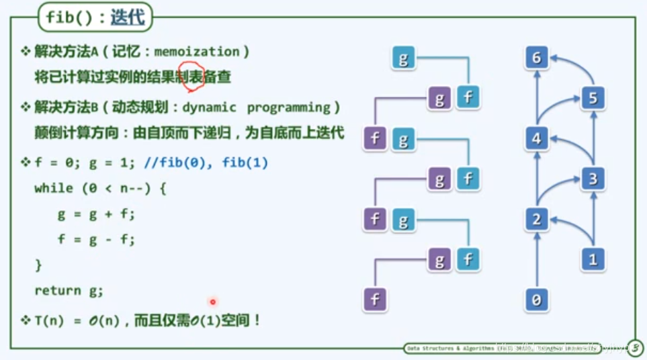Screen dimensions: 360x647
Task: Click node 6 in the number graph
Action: pos(536,58)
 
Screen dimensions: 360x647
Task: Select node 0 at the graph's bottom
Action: pos(536,300)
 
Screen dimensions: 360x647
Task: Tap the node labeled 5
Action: pos(592,99)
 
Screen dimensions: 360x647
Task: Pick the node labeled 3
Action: pos(592,179)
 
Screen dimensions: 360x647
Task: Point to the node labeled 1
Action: pos(592,259)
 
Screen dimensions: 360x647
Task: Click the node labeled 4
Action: pos(536,139)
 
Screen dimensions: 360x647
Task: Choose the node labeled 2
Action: pos(536,220)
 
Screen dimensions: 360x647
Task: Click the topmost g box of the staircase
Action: pos(403,59)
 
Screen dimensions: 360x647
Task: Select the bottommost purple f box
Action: pos(375,300)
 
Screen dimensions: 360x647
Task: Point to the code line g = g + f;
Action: pos(96,214)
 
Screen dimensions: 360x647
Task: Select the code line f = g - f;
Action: pos(96,239)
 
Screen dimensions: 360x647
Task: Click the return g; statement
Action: pos(69,290)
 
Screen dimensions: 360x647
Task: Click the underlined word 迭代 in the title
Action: pos(128,17)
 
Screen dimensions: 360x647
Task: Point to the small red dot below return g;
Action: pos(213,302)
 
